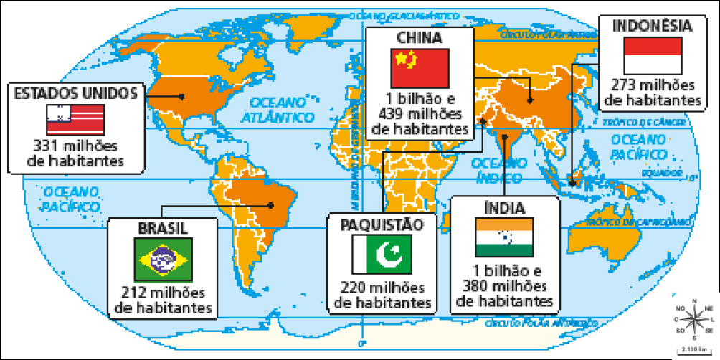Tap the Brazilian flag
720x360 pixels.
click(x=163, y=259)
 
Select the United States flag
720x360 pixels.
click(x=75, y=119)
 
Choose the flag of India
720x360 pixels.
click(x=504, y=238)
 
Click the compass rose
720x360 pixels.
click(x=693, y=318)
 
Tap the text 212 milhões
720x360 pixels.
click(x=163, y=293)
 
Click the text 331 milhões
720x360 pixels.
click(x=75, y=146)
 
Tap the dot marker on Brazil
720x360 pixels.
click(x=270, y=204)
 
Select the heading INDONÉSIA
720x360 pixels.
click(x=653, y=26)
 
